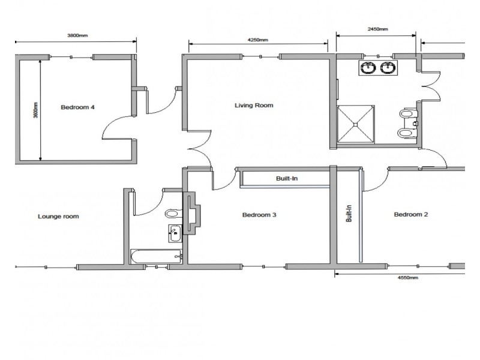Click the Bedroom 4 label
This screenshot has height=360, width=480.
point(77,108)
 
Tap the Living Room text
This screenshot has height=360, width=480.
point(253,106)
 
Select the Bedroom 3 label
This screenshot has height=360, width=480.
point(259,215)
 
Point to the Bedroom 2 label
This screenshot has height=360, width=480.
point(410,215)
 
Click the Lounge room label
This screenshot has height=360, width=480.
point(58,217)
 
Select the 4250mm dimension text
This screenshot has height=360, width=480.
point(257,40)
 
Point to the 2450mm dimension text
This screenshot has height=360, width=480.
point(377,29)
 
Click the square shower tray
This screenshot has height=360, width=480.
point(356,125)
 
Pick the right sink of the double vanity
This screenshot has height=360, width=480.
point(388,68)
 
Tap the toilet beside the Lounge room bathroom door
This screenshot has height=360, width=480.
point(172,214)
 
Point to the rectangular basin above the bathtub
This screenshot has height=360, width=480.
point(175,233)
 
